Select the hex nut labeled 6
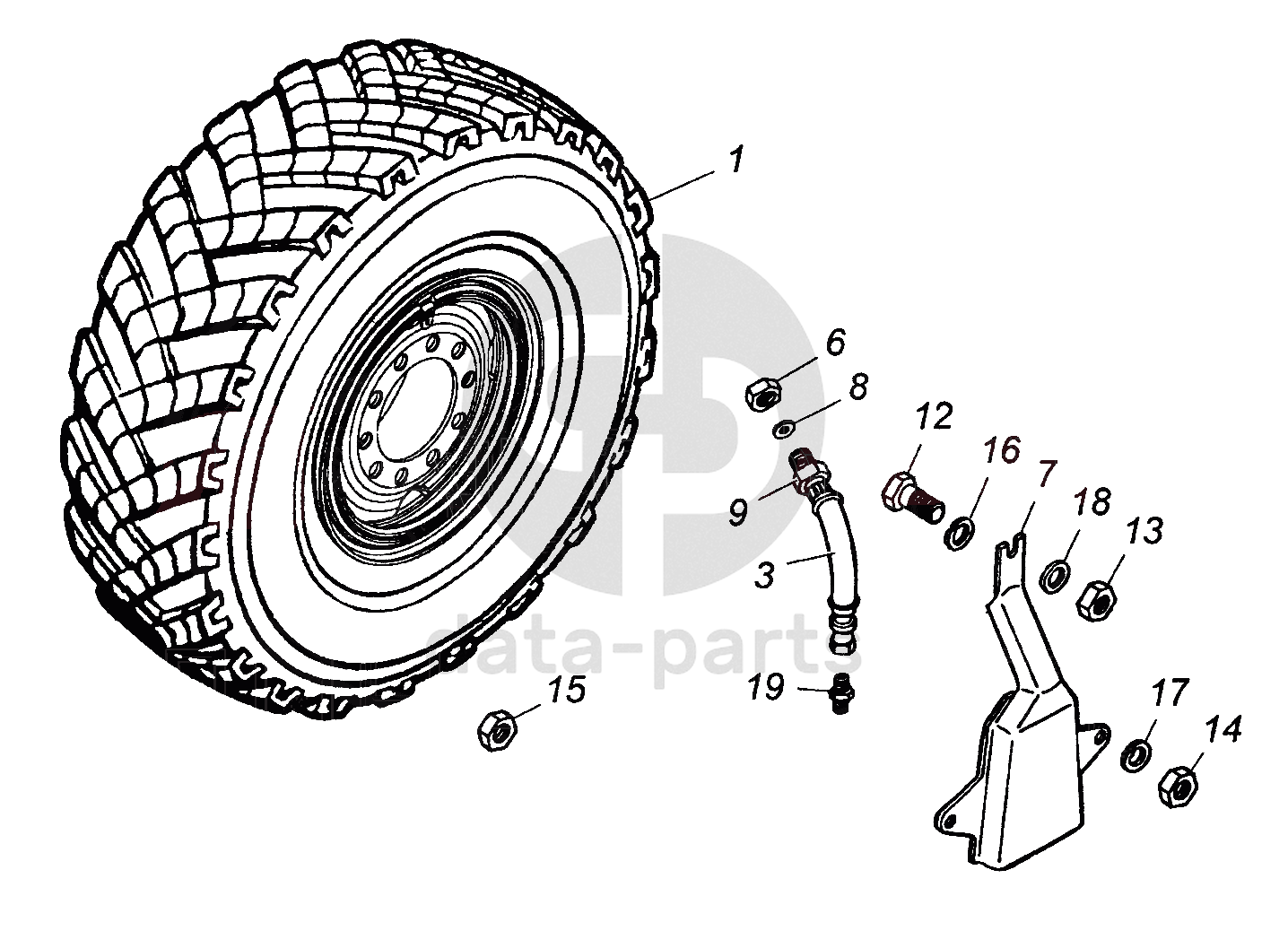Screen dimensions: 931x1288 click(x=763, y=393)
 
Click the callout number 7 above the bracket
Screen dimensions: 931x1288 click(x=1047, y=472)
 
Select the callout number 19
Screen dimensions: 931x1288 click(x=766, y=688)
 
